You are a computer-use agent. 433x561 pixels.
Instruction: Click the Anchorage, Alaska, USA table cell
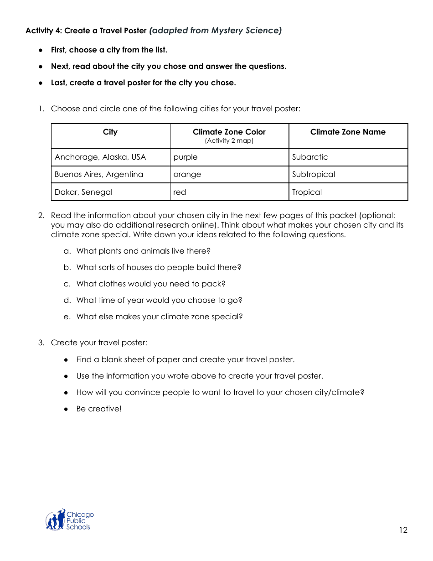pyautogui.click(x=100, y=157)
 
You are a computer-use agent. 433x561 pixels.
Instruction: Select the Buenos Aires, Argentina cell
pyautogui.click(x=99, y=175)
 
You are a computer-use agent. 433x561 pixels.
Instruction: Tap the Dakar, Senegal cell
pyautogui.click(x=83, y=192)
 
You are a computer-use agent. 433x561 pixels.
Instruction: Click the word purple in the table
pyautogui.click(x=186, y=157)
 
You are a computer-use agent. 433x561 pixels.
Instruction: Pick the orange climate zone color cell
pyautogui.click(x=187, y=175)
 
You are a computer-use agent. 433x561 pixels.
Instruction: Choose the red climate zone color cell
pyautogui.click(x=180, y=192)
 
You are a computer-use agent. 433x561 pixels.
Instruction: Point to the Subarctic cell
pyautogui.click(x=310, y=157)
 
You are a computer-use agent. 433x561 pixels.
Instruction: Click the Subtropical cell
pyautogui.click(x=314, y=175)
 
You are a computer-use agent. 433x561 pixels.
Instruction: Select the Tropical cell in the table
pyautogui.click(x=307, y=192)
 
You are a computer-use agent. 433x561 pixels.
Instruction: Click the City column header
pyautogui.click(x=110, y=132)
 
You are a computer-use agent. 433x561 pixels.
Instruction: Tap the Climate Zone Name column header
pyautogui.click(x=348, y=132)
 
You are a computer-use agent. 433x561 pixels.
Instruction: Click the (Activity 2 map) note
pyautogui.click(x=229, y=141)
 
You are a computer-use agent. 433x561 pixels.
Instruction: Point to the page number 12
pyautogui.click(x=403, y=530)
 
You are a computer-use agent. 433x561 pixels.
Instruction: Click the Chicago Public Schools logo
pyautogui.click(x=69, y=520)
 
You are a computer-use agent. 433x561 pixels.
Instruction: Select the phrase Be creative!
pyautogui.click(x=99, y=409)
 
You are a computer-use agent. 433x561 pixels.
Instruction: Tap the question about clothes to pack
pyautogui.click(x=151, y=284)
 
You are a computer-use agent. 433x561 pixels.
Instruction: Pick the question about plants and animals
pyautogui.click(x=144, y=251)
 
